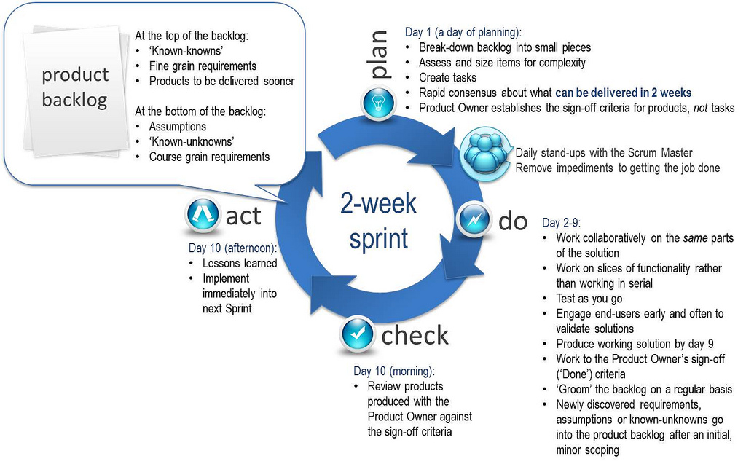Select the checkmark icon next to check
coord(357,333)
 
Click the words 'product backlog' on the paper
coord(75,87)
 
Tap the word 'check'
coord(415,335)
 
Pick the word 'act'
coord(243,216)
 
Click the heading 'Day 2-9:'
coord(561,223)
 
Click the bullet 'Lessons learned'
coord(240,263)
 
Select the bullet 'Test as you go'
coord(589,299)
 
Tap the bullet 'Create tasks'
coord(447,77)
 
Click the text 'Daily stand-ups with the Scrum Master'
coord(604,153)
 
